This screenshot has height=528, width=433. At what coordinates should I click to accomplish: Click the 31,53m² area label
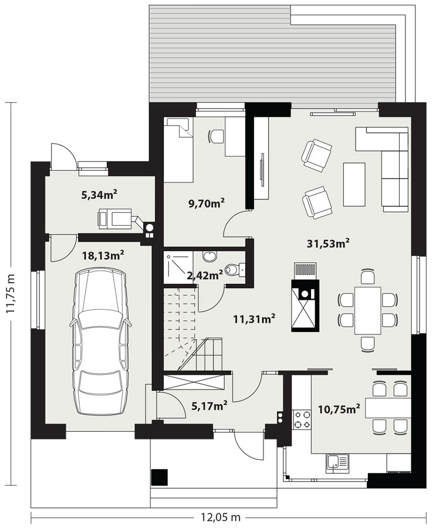[x=328, y=243]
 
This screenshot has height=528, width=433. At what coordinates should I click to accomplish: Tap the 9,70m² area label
[x=207, y=203]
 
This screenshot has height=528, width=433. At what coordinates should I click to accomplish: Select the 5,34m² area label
[x=99, y=194]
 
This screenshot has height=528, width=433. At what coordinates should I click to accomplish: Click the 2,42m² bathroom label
[x=205, y=275]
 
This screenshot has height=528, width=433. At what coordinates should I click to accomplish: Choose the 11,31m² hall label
[x=255, y=318]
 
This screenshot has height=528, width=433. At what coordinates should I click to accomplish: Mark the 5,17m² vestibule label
[x=209, y=406]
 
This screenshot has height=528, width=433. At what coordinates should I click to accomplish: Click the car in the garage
[x=100, y=341]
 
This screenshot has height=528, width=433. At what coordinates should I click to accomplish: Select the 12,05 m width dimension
[x=221, y=516]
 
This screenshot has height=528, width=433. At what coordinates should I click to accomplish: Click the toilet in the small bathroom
[x=234, y=269]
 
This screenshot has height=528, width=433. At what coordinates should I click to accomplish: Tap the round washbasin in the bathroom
[x=210, y=256]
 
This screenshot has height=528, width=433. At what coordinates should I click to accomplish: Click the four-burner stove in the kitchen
[x=302, y=419]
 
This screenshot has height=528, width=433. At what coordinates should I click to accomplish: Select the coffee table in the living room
[x=354, y=184]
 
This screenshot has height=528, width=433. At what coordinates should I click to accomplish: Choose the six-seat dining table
[x=368, y=310]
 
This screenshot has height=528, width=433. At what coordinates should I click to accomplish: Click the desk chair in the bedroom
[x=216, y=136]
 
